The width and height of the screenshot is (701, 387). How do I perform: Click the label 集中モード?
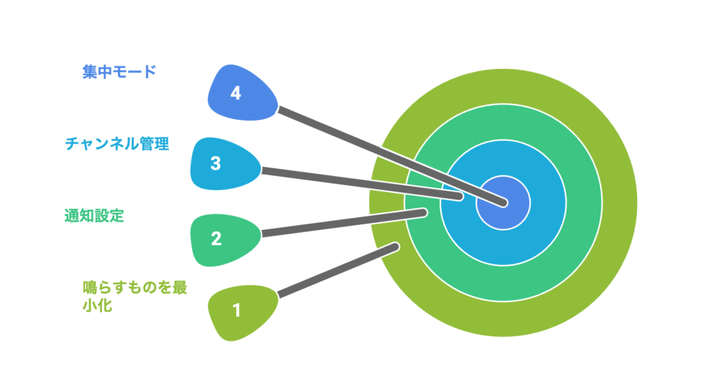(x=118, y=72)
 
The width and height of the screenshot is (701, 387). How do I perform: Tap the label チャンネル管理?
(x=117, y=144)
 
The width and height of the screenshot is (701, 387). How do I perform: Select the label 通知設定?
(x=94, y=216)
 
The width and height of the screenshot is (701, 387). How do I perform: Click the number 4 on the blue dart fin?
(x=236, y=93)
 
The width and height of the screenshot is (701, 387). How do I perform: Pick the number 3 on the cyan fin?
(x=216, y=163)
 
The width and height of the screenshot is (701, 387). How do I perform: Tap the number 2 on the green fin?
(x=216, y=238)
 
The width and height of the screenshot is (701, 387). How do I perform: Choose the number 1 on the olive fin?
(x=236, y=309)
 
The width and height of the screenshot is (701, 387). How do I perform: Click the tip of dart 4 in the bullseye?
(x=503, y=203)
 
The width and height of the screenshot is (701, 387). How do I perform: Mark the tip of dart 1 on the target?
(x=396, y=246)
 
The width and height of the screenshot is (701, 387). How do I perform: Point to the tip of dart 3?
(x=459, y=196)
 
